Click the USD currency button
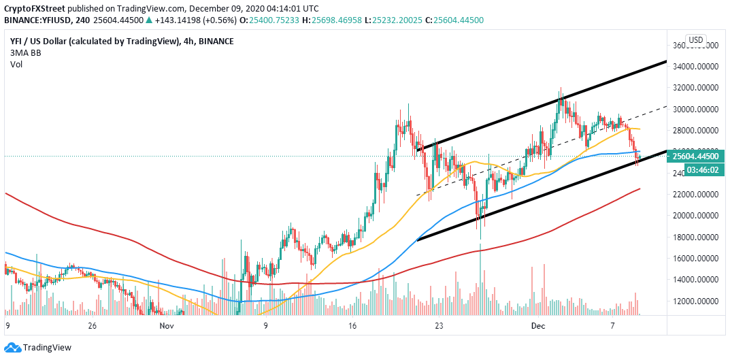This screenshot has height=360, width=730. [x=695, y=39]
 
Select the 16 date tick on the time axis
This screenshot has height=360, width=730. [x=352, y=326]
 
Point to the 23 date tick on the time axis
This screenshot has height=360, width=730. [x=439, y=326]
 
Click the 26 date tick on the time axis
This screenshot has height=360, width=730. [x=93, y=326]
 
